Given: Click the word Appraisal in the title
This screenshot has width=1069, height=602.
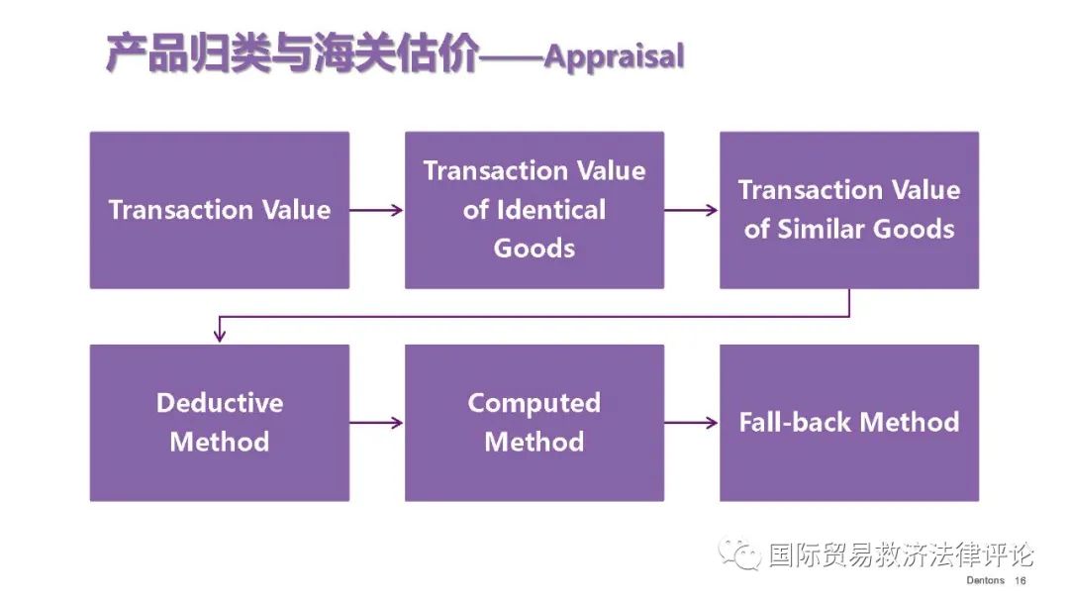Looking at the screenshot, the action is point(614,56).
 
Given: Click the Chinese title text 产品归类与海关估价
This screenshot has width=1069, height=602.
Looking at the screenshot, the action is point(292,53).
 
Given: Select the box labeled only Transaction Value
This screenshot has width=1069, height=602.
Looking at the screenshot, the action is point(220,210).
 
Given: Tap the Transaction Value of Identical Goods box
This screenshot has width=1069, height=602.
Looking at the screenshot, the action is point(534,210).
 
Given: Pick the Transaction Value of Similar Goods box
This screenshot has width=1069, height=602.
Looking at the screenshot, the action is point(849,210).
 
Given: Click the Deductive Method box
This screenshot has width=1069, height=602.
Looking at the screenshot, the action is point(220,423).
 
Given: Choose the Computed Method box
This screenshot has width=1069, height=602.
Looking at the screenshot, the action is point(534,423).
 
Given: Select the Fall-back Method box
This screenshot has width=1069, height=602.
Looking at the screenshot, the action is point(849,423).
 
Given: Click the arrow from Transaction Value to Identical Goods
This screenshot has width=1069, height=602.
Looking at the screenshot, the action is point(377,210).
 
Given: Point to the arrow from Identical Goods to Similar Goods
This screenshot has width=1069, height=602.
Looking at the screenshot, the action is point(692,210).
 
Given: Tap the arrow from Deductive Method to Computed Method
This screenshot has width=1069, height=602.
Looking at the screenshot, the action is point(377,423).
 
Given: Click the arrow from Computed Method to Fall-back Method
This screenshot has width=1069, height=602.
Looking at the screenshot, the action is point(692,423).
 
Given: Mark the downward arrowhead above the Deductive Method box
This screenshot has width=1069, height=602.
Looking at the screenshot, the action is point(220,336).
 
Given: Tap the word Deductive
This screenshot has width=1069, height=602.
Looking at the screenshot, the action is point(220,403).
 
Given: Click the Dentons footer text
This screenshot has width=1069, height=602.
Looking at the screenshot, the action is point(985,580).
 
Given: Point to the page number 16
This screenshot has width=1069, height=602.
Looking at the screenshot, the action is point(1020,580).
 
